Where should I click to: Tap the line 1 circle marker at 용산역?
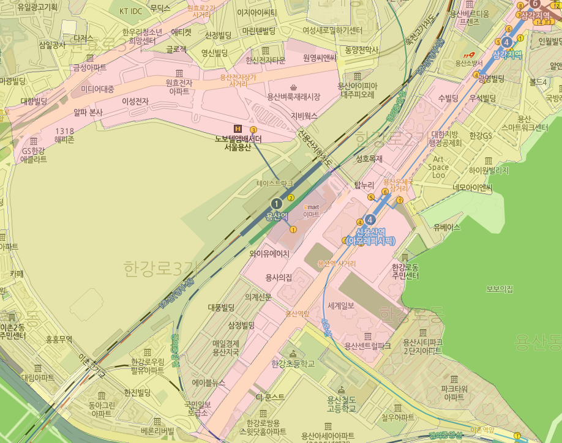pyautogui.click(x=277, y=204)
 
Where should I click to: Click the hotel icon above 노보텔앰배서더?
pyautogui.click(x=238, y=128)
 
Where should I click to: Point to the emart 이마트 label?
pyautogui.click(x=312, y=210)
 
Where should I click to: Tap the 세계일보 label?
pyautogui.click(x=346, y=306)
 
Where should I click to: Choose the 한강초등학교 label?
pyautogui.click(x=292, y=363)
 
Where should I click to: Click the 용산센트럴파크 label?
pyautogui.click(x=367, y=346)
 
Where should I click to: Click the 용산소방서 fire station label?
pyautogui.click(x=470, y=63)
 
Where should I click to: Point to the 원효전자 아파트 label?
pyautogui.click(x=178, y=86)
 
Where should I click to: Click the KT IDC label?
pyautogui.click(x=130, y=11)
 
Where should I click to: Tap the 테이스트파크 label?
pyautogui.click(x=274, y=183)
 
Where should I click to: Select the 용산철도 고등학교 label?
pyautogui.click(x=341, y=404)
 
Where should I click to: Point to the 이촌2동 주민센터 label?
pyautogui.click(x=13, y=331)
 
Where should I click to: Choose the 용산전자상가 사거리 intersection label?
pyautogui.click(x=238, y=81)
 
